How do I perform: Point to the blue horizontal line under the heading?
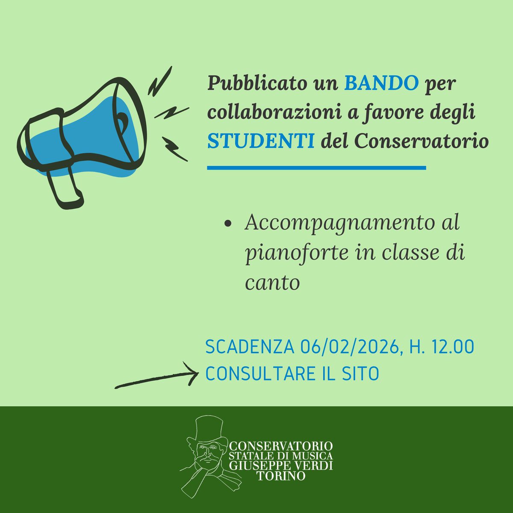point(316,168)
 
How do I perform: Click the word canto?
point(272,283)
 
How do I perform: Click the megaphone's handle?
point(64,188)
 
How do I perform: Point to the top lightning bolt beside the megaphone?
point(160,81)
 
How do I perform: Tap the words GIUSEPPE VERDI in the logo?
point(281,466)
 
